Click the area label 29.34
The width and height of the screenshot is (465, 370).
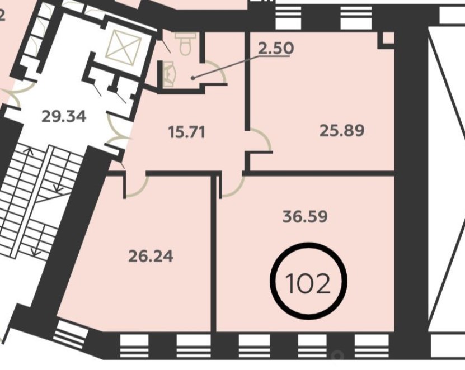[x=64, y=116]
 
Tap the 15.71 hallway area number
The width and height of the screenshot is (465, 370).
[x=186, y=132]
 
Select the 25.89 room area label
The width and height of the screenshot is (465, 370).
[x=342, y=130]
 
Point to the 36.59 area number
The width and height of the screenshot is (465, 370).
[x=305, y=216]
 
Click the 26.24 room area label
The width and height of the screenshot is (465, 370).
[x=151, y=256]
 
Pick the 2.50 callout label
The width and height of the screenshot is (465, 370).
[x=276, y=48]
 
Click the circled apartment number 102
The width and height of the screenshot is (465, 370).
[x=308, y=281]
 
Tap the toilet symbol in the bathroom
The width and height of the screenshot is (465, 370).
[x=186, y=44]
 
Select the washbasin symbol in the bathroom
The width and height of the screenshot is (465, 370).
[x=170, y=74]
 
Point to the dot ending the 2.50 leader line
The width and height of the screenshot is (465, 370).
[x=192, y=78]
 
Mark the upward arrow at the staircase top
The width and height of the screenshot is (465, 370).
[x=29, y=159]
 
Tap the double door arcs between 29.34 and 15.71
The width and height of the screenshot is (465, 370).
[x=117, y=130]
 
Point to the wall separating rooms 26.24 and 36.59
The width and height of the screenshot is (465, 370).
[x=214, y=253]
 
